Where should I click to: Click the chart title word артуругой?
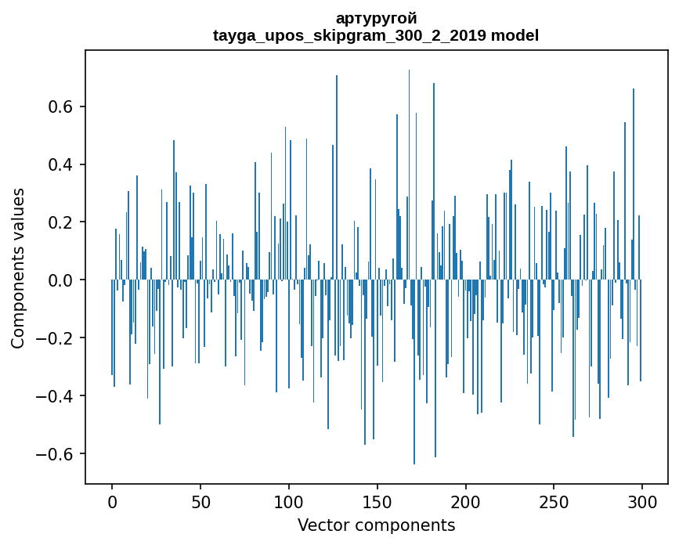coord(376,18)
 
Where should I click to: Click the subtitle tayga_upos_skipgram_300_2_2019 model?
coord(376,35)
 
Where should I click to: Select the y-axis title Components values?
coord(17,268)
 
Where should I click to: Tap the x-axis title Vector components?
coord(376,525)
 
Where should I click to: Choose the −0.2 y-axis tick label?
coord(57,338)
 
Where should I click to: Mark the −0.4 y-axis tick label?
coord(57,396)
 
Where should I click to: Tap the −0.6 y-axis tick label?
coord(57,454)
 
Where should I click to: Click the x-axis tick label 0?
coord(112,501)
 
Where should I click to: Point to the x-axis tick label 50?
coord(200,501)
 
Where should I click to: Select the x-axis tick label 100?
coord(289,501)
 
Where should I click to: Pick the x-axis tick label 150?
coord(377,501)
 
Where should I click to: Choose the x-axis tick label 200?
coord(466,501)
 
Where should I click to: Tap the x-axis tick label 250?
coord(554,501)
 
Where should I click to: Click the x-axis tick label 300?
coord(643,501)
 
